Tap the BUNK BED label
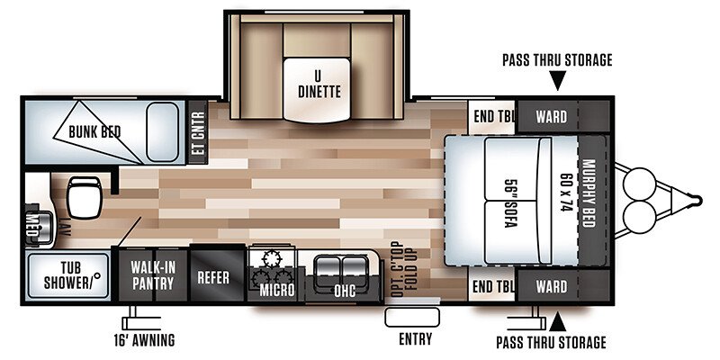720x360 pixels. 94,132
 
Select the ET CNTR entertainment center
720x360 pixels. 198,131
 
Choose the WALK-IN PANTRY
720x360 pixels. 153,275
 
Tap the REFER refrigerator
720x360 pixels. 213,277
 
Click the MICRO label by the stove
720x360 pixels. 276,290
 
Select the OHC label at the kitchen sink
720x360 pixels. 346,290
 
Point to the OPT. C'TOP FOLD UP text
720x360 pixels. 404,269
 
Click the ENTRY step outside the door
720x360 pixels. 412,318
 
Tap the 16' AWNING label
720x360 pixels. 144,340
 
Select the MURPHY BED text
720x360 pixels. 589,193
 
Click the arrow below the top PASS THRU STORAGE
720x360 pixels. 557,81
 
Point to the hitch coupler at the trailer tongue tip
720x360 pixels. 697,201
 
